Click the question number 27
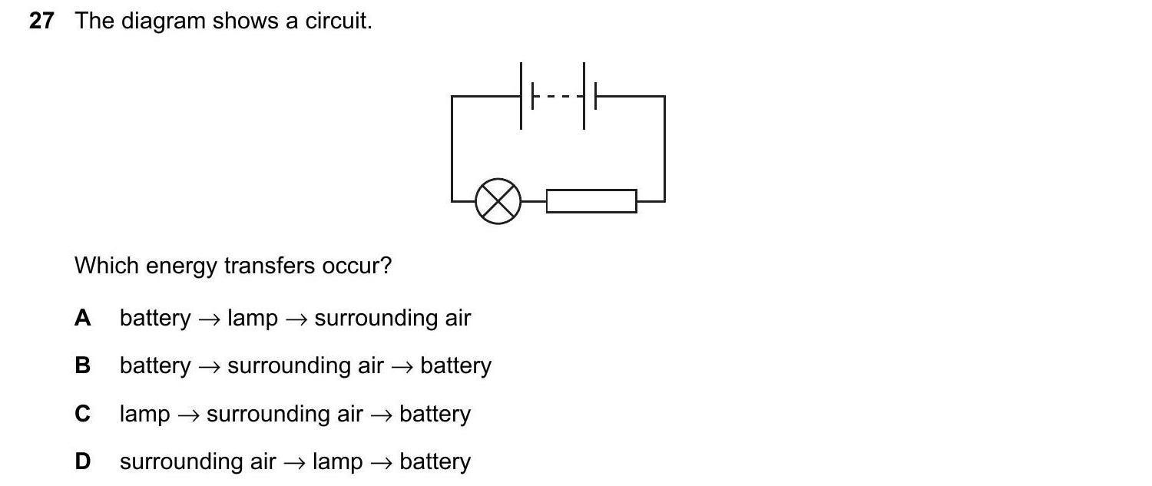(41, 21)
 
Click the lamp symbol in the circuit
(498, 201)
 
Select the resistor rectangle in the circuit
(591, 201)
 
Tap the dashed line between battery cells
(558, 96)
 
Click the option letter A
(83, 318)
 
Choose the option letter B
(83, 365)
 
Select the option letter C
(83, 414)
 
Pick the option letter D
(83, 461)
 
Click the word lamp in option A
(253, 318)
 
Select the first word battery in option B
(155, 365)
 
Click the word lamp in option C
(144, 415)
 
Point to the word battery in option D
(435, 462)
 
